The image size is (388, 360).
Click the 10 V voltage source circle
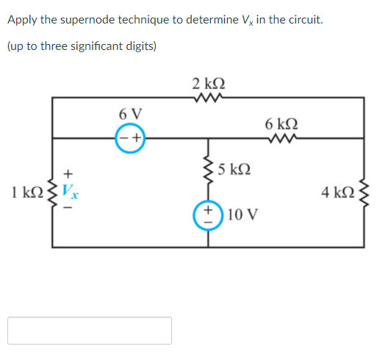point(208,215)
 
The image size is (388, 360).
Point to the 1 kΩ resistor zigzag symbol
point(51,193)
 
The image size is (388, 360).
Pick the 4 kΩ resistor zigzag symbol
point(364,193)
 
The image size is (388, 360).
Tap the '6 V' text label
point(130,114)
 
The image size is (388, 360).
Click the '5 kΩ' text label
point(236,170)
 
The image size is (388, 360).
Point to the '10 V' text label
point(243,215)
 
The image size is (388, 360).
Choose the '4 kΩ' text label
point(337,193)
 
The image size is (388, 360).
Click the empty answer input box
point(90,331)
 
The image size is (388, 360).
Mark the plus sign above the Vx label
point(68,173)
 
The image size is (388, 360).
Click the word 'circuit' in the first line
point(303,19)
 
